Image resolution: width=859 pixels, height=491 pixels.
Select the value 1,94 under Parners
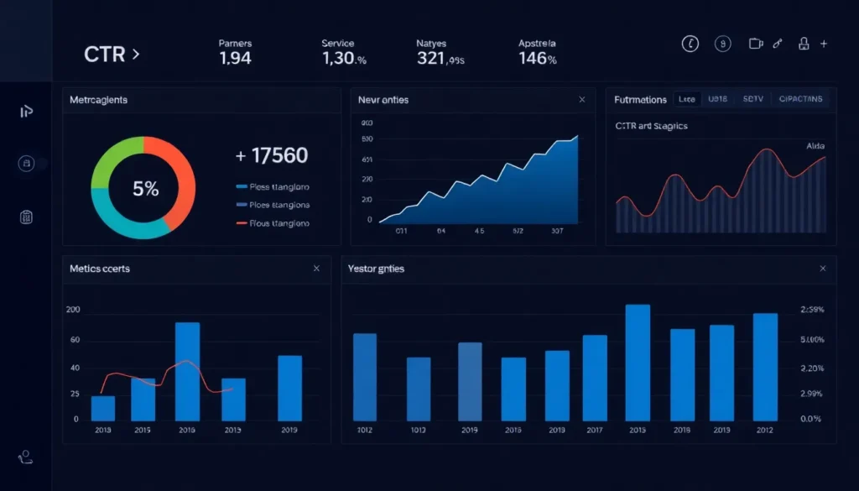pyautogui.click(x=235, y=58)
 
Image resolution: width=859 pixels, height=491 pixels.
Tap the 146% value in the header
pyautogui.click(x=538, y=58)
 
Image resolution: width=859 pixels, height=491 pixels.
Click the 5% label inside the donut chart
pyautogui.click(x=144, y=189)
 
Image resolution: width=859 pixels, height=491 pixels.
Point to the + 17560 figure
pyautogui.click(x=272, y=155)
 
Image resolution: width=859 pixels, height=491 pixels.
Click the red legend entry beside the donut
pyautogui.click(x=273, y=223)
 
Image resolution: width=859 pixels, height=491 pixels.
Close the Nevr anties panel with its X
pyautogui.click(x=582, y=100)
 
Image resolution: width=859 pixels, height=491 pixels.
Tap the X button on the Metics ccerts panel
pyautogui.click(x=316, y=269)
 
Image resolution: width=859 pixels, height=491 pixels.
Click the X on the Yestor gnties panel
pyautogui.click(x=823, y=269)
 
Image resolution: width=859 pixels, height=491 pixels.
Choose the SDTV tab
pyautogui.click(x=752, y=99)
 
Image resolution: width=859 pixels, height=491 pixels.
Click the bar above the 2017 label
pyautogui.click(x=595, y=378)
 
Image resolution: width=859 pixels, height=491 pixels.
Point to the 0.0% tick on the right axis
pyautogui.click(x=811, y=419)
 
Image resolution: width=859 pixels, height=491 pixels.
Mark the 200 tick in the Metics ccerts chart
pyautogui.click(x=72, y=310)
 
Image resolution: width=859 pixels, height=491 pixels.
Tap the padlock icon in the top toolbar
pyautogui.click(x=804, y=44)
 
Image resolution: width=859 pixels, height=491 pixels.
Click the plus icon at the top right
pyautogui.click(x=825, y=44)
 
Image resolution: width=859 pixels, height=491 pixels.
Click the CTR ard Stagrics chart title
pyautogui.click(x=651, y=126)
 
